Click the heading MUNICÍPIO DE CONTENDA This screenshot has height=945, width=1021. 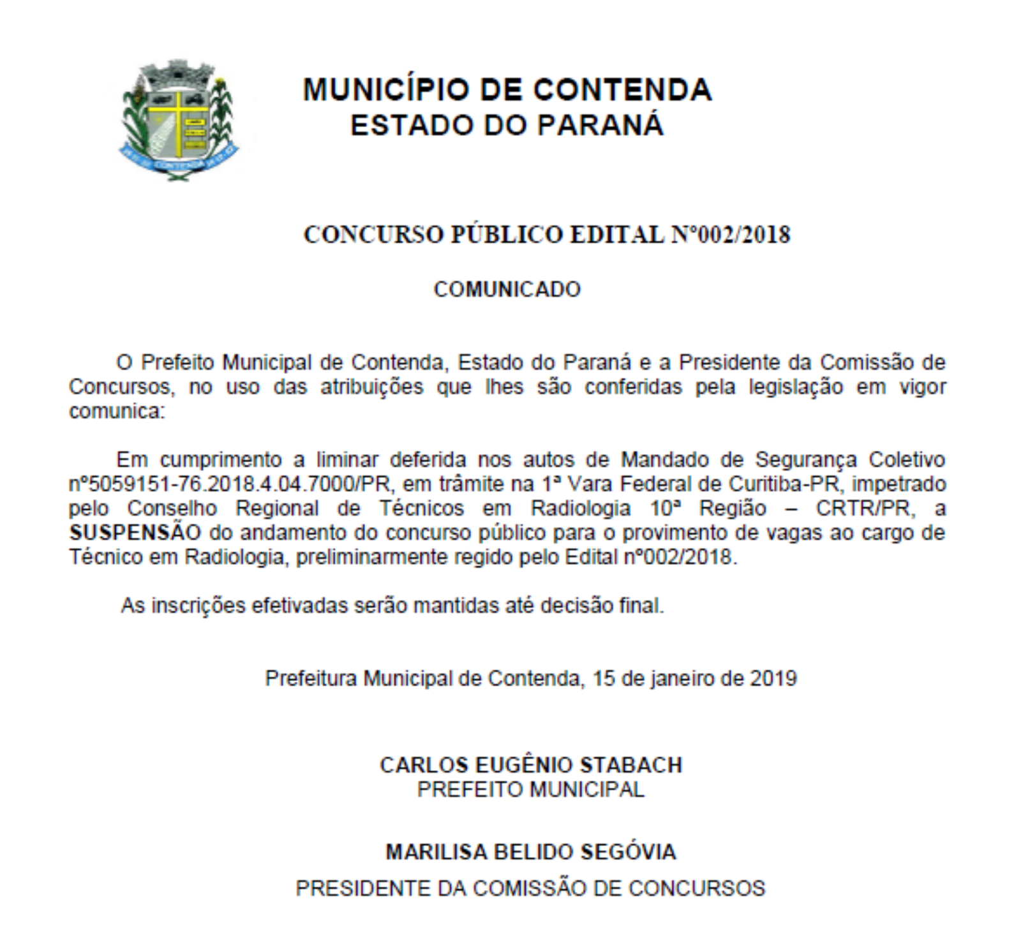507,89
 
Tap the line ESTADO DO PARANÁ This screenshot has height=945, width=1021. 507,125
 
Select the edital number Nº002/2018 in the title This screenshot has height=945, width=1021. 731,235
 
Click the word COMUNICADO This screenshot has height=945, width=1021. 507,290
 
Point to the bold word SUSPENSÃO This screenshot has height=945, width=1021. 135,533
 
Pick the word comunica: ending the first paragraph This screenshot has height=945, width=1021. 117,412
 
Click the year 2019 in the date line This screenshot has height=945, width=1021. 773,678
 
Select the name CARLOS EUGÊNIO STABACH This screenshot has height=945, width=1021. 531,765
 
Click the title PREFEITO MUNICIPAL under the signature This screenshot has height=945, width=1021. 531,789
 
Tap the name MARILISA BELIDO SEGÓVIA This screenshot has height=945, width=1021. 531,852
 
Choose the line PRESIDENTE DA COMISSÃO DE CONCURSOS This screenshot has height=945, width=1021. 531,888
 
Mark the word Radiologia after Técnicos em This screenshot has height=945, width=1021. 581,509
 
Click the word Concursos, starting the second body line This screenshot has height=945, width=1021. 121,387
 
